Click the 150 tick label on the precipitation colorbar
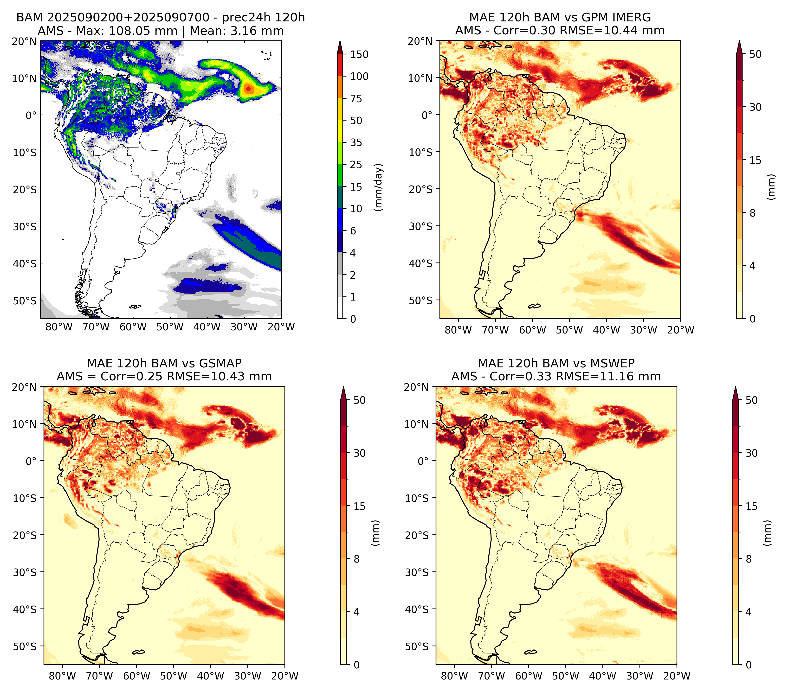359,54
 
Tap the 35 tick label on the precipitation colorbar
356,142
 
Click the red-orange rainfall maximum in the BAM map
249,89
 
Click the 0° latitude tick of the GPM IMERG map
427,115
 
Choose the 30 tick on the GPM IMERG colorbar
755,107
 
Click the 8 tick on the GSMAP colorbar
357,559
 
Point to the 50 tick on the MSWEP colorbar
752,400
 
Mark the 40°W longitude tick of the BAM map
207,327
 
